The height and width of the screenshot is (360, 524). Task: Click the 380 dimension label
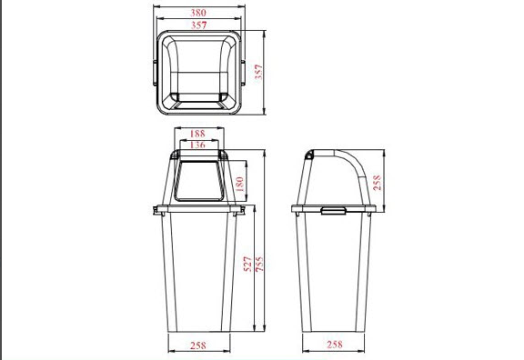tap(198, 13)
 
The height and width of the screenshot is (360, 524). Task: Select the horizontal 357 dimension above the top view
tap(199, 25)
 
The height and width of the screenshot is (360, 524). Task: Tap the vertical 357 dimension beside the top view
tap(259, 72)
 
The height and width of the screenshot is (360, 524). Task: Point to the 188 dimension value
tap(197, 134)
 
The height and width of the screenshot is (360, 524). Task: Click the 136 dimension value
tap(197, 145)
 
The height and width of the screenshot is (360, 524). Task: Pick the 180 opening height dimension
tap(239, 184)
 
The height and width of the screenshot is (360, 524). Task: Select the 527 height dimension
tap(247, 264)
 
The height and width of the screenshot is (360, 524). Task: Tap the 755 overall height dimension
tap(259, 264)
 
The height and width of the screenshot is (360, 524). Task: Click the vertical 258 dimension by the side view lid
tap(377, 183)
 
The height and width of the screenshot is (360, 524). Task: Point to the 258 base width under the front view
tap(198, 345)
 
